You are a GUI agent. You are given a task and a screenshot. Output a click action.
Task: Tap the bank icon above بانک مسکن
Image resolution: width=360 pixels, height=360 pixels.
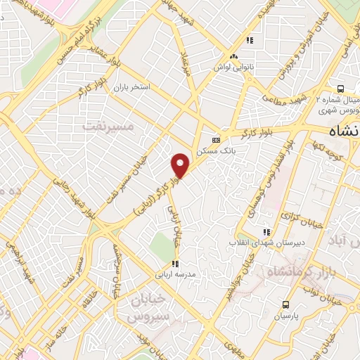coord(216,139)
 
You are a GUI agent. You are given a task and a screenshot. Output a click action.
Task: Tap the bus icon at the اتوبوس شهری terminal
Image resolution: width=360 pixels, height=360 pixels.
coord(340,89)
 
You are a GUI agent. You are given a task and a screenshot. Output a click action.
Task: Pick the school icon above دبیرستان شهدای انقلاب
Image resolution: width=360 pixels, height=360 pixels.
coord(266,231)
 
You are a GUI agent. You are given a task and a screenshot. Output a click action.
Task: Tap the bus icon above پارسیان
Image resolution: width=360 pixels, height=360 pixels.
coord(286,304)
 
